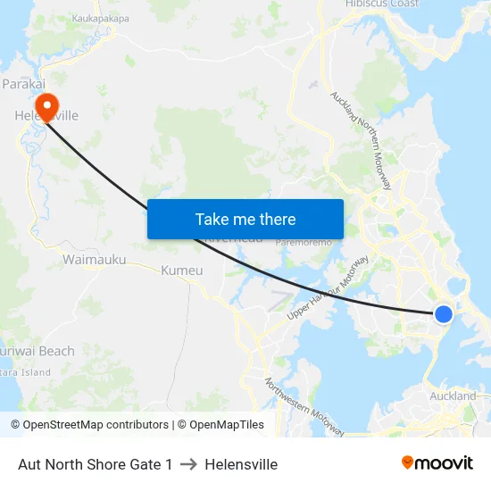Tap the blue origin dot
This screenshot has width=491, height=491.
click(443, 313)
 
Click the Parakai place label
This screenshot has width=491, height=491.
click(24, 83)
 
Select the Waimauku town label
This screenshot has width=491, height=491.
click(94, 260)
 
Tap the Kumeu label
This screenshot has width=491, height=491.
click(182, 270)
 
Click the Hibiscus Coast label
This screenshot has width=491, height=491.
click(382, 4)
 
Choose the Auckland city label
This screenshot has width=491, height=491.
click(454, 395)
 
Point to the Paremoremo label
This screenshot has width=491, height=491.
click(304, 242)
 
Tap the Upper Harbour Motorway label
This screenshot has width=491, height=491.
click(328, 289)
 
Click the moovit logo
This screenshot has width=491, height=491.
click(437, 463)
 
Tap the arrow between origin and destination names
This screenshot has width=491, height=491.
click(188, 464)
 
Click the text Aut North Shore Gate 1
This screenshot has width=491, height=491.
click(96, 464)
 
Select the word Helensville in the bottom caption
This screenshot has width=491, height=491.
click(241, 464)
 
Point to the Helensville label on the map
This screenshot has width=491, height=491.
click(46, 115)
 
